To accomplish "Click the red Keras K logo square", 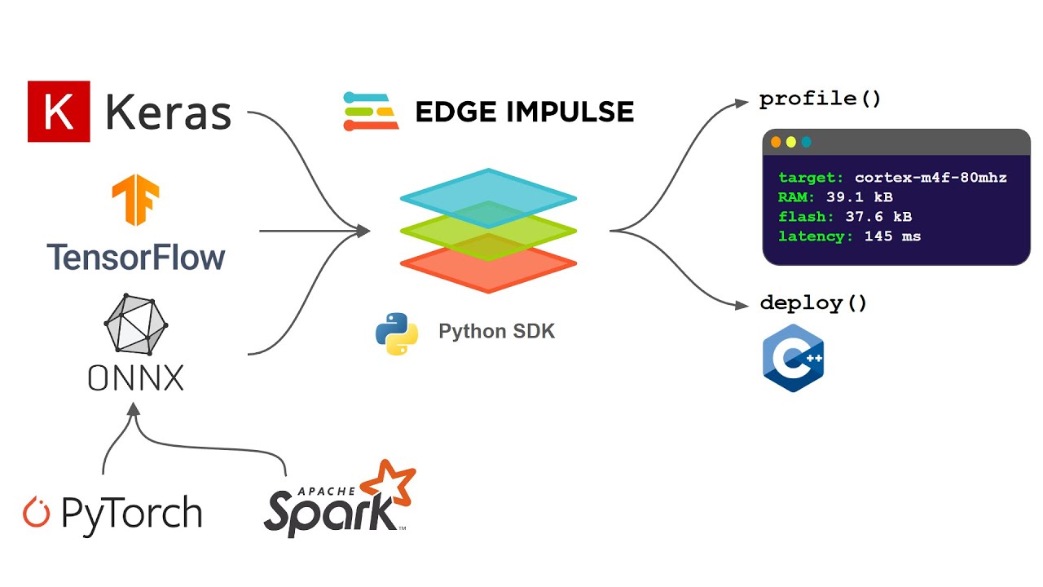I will click(59, 112).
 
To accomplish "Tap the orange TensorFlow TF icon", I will click(135, 201).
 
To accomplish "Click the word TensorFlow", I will click(135, 257).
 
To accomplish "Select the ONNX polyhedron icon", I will click(135, 324).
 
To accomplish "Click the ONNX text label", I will click(135, 377).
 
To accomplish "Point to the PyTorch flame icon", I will click(37, 512).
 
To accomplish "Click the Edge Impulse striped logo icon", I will click(371, 112).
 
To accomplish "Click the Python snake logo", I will click(397, 333).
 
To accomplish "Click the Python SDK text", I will click(496, 332).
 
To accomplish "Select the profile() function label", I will click(820, 99).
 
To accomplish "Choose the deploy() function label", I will click(812, 303).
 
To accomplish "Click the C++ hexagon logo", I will click(793, 358).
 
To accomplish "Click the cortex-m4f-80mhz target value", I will click(931, 178).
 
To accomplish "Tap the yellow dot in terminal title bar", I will click(790, 142).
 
